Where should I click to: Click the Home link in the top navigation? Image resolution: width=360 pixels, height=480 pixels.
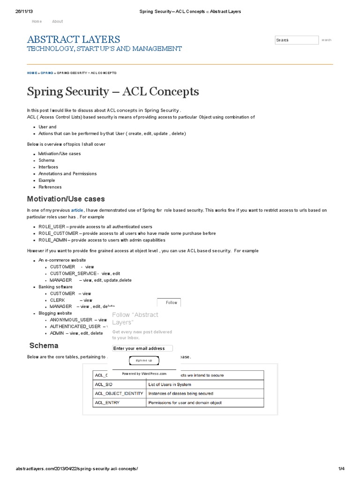[37, 22]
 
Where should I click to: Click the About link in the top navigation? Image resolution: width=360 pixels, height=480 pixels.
[57, 22]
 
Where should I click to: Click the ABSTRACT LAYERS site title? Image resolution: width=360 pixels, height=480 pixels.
[73, 39]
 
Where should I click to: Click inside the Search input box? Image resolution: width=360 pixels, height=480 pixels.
[296, 40]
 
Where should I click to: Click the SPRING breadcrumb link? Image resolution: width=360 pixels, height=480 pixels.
[47, 73]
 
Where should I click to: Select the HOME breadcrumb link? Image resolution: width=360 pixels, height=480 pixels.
[32, 73]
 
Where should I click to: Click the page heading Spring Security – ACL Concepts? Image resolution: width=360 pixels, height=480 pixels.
[113, 91]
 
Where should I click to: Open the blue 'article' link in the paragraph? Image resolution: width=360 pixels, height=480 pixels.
[77, 210]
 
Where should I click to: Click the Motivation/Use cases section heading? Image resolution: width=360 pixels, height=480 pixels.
[66, 199]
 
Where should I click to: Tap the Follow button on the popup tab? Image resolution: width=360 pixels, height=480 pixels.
[171, 302]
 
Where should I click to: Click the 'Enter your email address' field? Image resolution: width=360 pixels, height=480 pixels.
[142, 348]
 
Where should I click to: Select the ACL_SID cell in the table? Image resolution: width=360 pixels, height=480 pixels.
[104, 384]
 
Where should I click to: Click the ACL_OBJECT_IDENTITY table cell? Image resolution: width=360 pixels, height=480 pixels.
[119, 393]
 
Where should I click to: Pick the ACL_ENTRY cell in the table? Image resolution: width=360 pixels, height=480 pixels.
[107, 402]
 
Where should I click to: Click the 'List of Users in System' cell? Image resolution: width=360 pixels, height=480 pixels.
[170, 384]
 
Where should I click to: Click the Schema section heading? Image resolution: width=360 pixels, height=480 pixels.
[44, 345]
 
